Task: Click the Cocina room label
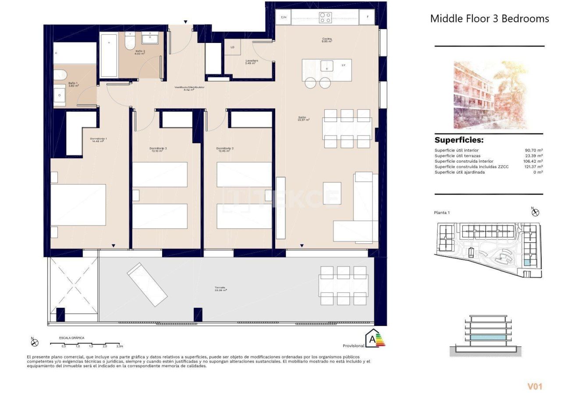327,40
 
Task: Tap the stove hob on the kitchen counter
325,18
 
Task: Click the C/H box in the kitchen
284,18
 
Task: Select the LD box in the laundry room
232,47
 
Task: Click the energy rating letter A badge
373,338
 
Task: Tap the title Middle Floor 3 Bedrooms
489,18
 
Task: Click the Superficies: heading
459,140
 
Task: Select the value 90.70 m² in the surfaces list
534,150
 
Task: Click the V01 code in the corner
535,386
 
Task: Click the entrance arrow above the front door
186,21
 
